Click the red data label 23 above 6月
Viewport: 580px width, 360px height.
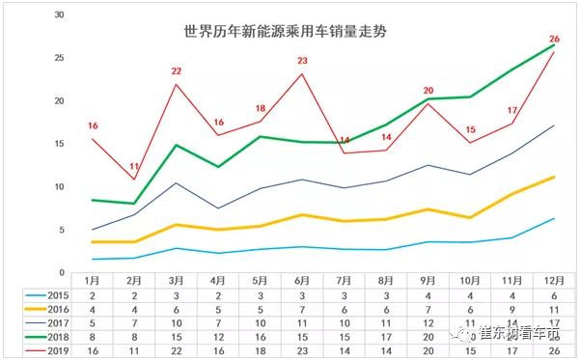tap(302, 61)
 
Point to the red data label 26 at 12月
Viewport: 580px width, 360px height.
tap(554, 39)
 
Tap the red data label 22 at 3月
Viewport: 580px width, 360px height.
tap(177, 71)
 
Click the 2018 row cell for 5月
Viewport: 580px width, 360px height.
tap(260, 337)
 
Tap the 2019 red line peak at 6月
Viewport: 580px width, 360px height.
tap(302, 74)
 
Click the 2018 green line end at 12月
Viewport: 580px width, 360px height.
tap(554, 45)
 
